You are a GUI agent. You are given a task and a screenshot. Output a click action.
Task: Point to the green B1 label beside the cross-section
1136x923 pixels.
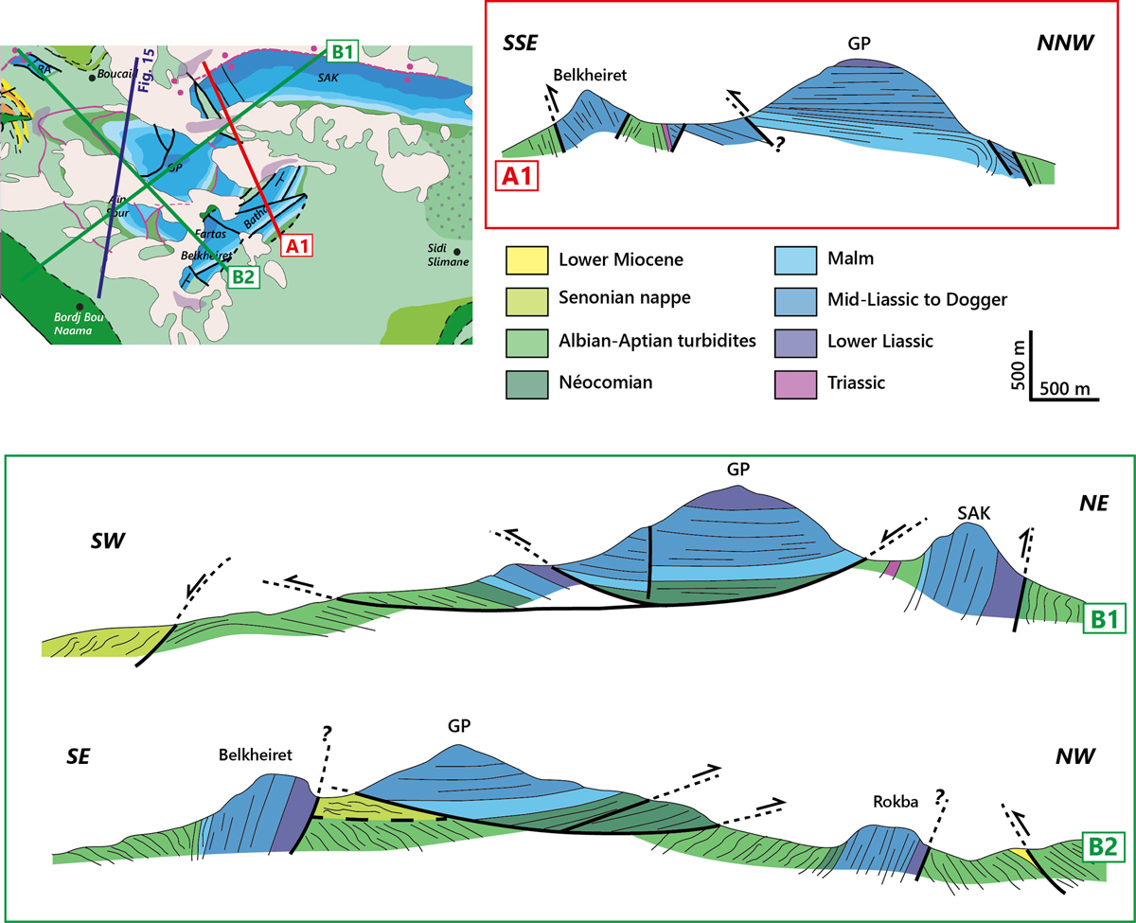click(1105, 618)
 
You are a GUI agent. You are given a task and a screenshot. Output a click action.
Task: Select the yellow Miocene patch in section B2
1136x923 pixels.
click(1020, 855)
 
